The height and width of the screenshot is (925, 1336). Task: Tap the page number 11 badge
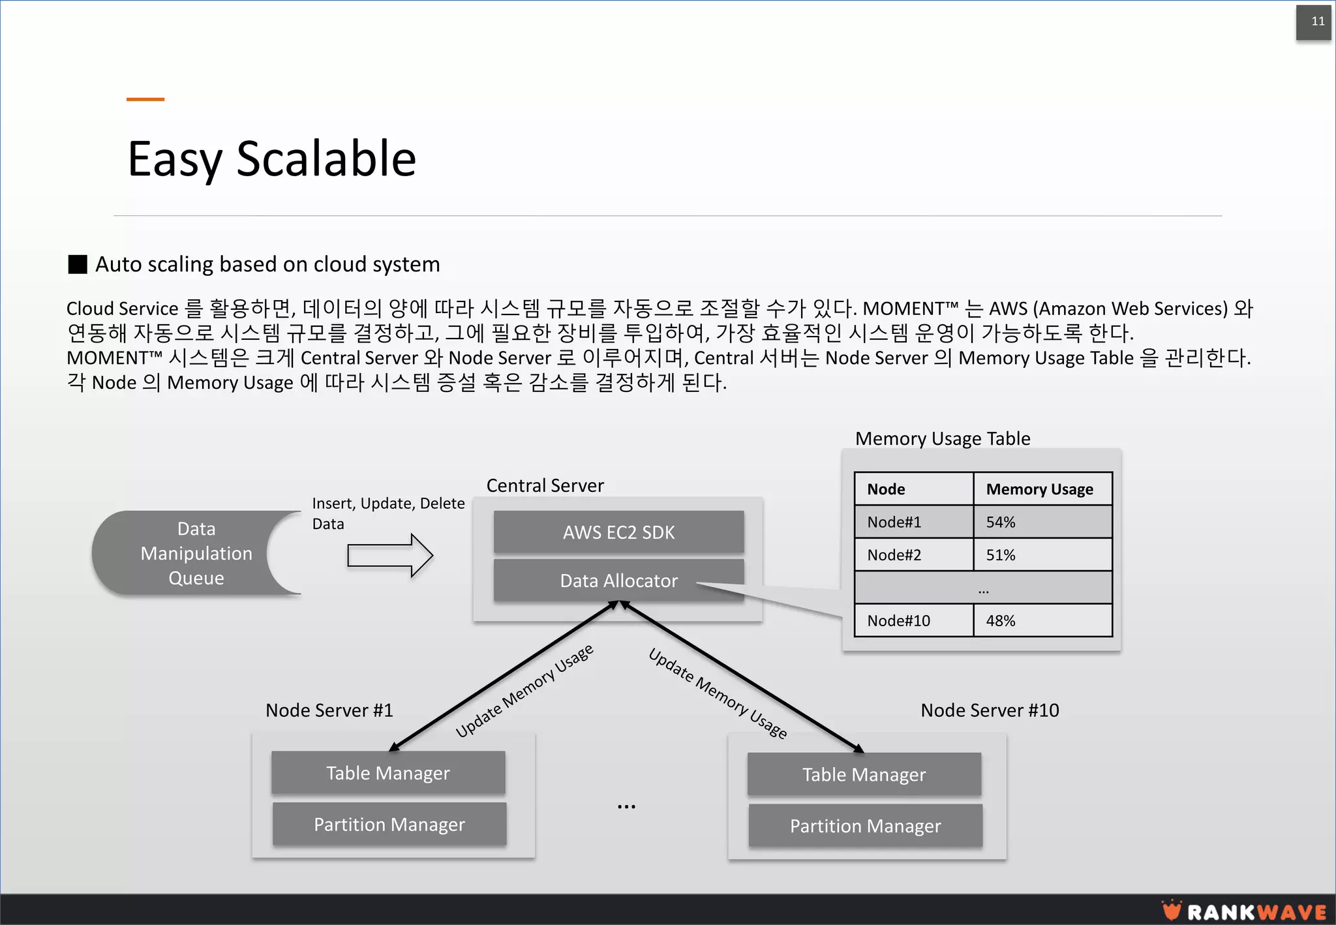pyautogui.click(x=1313, y=22)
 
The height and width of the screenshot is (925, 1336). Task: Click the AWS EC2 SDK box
pyautogui.click(x=618, y=532)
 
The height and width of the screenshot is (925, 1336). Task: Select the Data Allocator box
pyautogui.click(x=618, y=581)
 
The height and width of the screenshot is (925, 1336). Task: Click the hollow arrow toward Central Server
pyautogui.click(x=389, y=556)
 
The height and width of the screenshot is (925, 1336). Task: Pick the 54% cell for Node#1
pyautogui.click(x=1042, y=522)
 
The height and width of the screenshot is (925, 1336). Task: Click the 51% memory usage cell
pyautogui.click(x=1042, y=555)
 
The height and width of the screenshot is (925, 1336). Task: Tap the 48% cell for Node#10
pyautogui.click(x=1042, y=620)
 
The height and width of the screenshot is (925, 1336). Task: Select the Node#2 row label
pyautogui.click(x=913, y=555)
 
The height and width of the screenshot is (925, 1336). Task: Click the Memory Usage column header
pyautogui.click(x=1042, y=489)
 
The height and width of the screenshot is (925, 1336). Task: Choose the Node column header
pyautogui.click(x=913, y=489)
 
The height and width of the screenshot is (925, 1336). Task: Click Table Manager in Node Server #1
pyautogui.click(x=388, y=773)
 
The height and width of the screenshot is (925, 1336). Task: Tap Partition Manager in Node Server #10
pyautogui.click(x=865, y=826)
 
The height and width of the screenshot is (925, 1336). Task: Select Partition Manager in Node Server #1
pyautogui.click(x=389, y=825)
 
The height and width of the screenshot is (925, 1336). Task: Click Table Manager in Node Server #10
pyautogui.click(x=864, y=774)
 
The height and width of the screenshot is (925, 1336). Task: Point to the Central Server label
pyautogui.click(x=545, y=485)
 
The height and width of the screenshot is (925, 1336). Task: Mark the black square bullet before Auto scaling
pyautogui.click(x=78, y=264)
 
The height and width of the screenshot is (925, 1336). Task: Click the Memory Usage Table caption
pyautogui.click(x=943, y=438)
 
